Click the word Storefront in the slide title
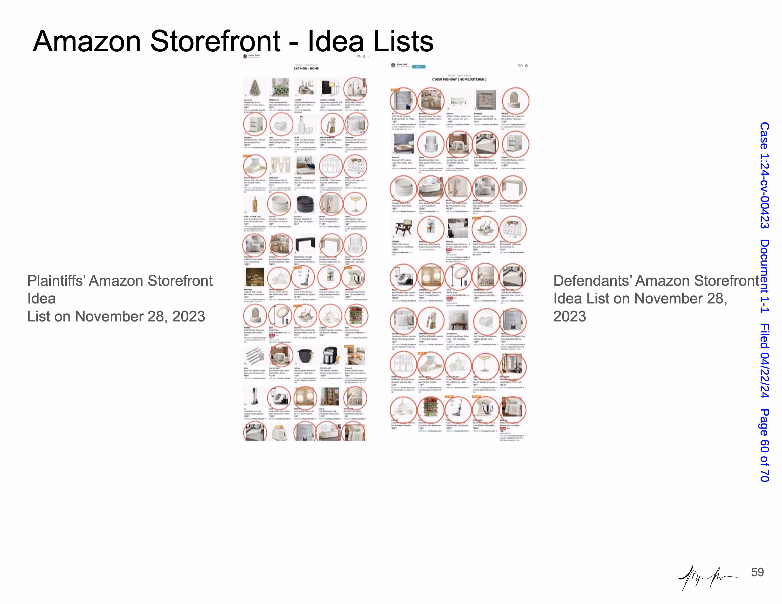click(x=215, y=41)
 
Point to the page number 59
click(x=757, y=572)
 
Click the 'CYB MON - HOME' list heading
click(x=306, y=68)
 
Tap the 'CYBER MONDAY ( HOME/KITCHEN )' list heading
click(x=459, y=79)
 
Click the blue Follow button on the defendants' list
click(x=418, y=67)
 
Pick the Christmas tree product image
click(x=255, y=87)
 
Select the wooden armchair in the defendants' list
click(x=403, y=229)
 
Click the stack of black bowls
click(x=305, y=204)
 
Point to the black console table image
click(x=305, y=245)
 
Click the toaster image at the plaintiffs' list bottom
click(x=280, y=433)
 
